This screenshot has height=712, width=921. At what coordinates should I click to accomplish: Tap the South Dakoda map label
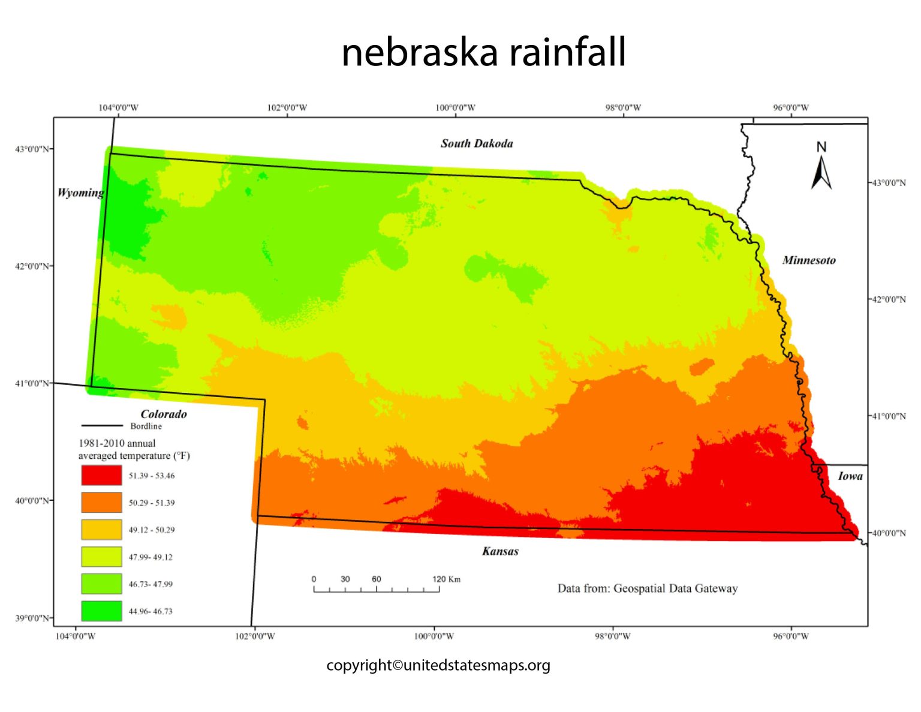click(477, 143)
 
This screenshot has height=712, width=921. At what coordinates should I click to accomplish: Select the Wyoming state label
click(80, 193)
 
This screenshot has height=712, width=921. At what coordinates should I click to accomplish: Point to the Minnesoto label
click(808, 260)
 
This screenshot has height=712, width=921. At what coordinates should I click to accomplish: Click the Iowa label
click(850, 476)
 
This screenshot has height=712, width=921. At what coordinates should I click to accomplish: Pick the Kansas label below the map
click(500, 551)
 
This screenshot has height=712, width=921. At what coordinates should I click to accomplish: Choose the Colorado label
click(164, 414)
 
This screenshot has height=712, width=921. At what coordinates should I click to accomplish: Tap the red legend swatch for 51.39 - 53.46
click(101, 475)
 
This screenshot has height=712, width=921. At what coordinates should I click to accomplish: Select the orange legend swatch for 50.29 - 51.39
click(101, 502)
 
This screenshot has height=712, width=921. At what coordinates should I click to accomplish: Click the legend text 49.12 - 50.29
click(152, 530)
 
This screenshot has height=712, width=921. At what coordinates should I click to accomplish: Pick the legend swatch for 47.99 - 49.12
click(101, 557)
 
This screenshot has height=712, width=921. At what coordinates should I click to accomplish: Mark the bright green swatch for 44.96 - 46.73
click(101, 611)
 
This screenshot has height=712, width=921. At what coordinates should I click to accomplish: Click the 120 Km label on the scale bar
click(446, 579)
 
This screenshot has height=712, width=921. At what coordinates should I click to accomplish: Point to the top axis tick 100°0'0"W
click(455, 108)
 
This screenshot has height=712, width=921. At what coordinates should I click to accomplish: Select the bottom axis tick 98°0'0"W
click(612, 636)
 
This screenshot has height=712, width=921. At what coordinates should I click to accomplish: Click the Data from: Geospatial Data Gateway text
click(647, 588)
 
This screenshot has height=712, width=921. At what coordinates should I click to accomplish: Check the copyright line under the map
click(438, 665)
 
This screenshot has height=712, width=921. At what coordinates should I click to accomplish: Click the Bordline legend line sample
click(102, 426)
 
